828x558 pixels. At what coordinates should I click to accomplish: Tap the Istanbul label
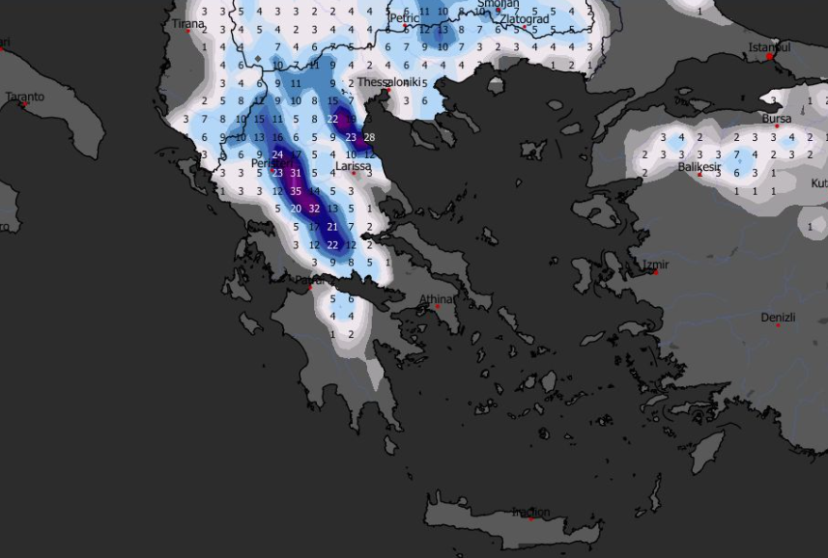[770, 47]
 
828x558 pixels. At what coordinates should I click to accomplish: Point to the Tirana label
[188, 24]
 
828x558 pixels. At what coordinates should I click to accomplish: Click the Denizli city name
[779, 317]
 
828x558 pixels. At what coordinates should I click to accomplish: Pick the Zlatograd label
[525, 19]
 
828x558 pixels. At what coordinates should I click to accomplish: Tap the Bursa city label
[776, 119]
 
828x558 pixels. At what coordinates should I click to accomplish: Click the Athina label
[437, 299]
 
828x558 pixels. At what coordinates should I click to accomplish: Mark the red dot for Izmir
[656, 272]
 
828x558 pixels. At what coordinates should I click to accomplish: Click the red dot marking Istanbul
[769, 57]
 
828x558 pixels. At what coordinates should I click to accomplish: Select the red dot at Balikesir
[700, 174]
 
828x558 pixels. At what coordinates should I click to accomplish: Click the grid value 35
[296, 191]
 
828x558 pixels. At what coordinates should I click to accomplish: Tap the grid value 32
[314, 209]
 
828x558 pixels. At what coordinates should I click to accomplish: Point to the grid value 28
[369, 137]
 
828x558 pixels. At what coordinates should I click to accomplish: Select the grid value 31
[296, 173]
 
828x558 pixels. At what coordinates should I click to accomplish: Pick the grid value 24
[277, 154]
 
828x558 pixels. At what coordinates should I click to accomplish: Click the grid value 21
[332, 227]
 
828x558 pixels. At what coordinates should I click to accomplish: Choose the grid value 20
[296, 209]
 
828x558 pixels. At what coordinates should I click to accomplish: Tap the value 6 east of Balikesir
[736, 173]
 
